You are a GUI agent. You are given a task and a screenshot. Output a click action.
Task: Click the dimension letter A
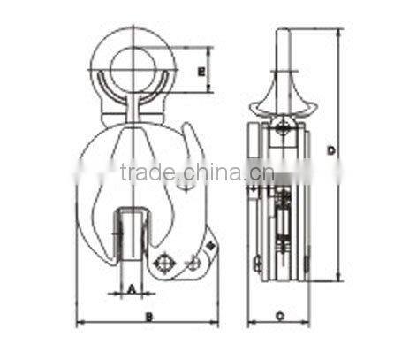pos(130,287)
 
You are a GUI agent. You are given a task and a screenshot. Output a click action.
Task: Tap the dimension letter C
pos(279,315)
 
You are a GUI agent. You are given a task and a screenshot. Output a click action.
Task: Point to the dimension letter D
pos(330,152)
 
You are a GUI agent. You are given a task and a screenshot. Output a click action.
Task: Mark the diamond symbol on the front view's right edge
pos(210,241)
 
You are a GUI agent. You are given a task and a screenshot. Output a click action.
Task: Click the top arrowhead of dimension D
pos(339,31)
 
